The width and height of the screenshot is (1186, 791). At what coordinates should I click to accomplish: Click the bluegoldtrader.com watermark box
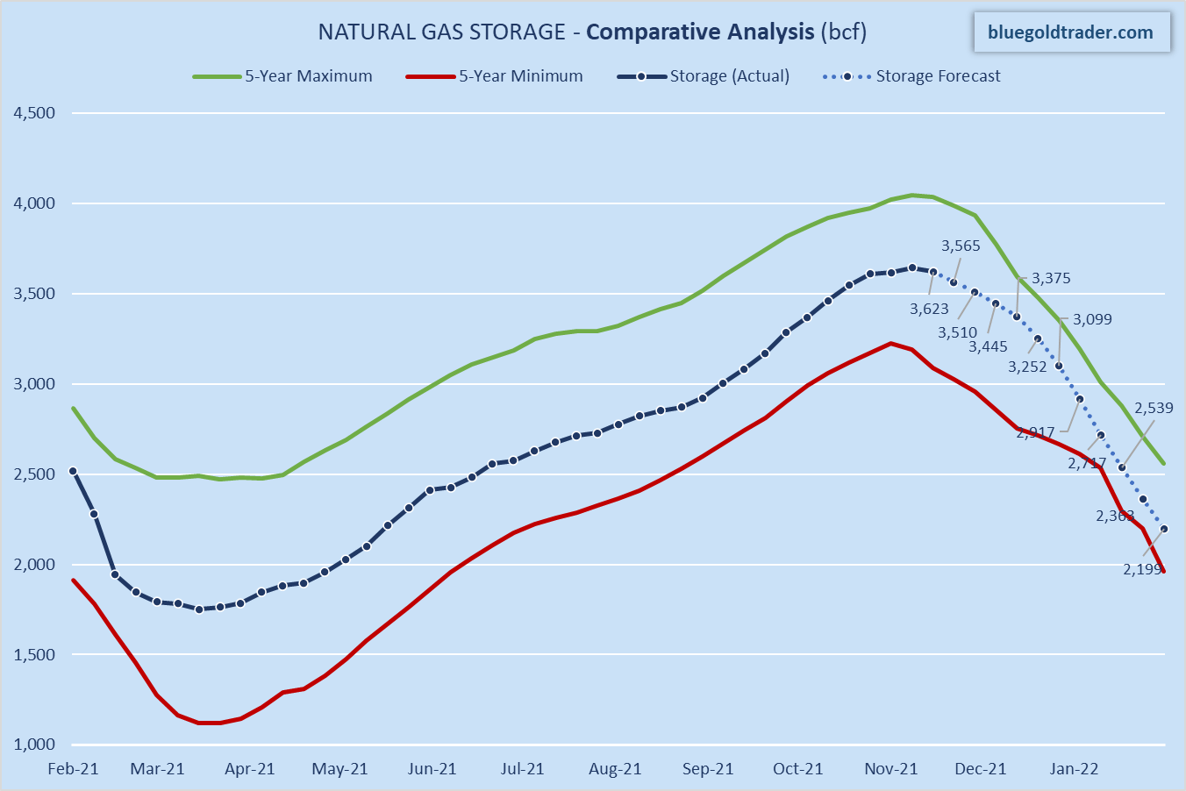click(x=1070, y=32)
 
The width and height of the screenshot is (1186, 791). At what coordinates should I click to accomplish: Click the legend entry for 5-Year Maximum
click(x=282, y=76)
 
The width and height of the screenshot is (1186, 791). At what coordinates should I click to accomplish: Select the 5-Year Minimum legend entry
click(x=495, y=76)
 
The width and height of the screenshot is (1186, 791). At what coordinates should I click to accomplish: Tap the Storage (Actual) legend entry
click(x=704, y=76)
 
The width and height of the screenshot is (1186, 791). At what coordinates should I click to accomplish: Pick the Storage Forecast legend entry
click(x=912, y=76)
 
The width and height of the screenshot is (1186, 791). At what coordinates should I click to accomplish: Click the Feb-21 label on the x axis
click(x=74, y=769)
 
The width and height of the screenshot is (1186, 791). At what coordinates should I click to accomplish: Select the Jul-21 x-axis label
click(x=523, y=769)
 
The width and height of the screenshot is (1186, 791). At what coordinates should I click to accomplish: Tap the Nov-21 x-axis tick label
click(x=891, y=769)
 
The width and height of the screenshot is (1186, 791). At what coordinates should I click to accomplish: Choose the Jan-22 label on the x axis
click(x=1075, y=769)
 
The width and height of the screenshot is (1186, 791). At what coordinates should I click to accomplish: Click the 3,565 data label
click(x=961, y=246)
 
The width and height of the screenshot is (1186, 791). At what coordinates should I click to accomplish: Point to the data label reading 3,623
click(x=929, y=309)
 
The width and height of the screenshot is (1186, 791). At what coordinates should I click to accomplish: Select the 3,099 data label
click(x=1092, y=319)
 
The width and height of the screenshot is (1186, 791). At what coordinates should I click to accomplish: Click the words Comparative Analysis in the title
click(x=700, y=32)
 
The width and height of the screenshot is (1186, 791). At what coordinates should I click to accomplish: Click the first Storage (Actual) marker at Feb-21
click(x=73, y=471)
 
